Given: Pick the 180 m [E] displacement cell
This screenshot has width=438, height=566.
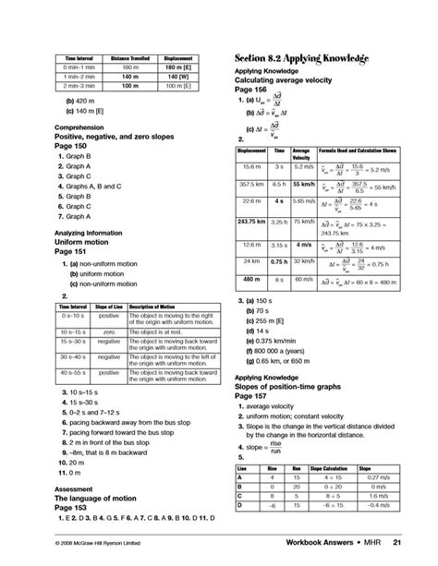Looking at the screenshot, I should click(x=175, y=66).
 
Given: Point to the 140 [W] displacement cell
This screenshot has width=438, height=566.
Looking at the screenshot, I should click(x=175, y=76).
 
